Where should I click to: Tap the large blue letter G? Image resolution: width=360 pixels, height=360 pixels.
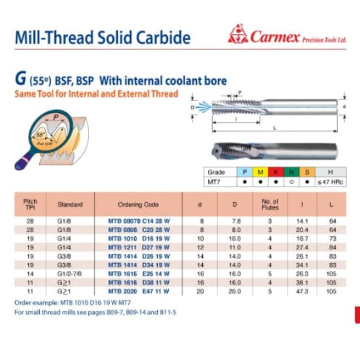point(19,81)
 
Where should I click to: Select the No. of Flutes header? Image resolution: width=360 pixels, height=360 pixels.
point(270,204)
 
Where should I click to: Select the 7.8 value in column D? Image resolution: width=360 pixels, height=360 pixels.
point(234,223)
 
